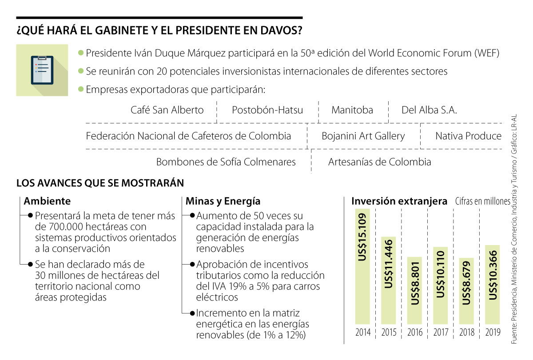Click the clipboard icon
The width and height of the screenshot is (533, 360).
click(x=42, y=70)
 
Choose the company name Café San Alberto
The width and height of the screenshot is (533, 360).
click(x=167, y=110)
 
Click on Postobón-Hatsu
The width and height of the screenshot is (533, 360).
click(x=267, y=110)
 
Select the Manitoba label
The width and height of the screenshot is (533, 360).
click(x=352, y=110)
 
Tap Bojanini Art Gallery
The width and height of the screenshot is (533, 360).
click(x=363, y=136)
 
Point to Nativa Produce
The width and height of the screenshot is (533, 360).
click(x=468, y=136)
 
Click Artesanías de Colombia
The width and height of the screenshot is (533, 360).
click(x=379, y=162)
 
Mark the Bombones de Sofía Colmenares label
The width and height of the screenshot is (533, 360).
click(x=226, y=162)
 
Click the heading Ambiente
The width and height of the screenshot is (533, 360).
click(x=47, y=201)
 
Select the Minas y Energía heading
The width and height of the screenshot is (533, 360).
click(x=223, y=201)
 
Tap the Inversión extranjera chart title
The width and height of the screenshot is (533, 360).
click(x=399, y=201)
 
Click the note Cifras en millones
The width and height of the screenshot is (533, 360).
click(x=482, y=202)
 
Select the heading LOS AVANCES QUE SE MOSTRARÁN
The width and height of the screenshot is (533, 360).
click(x=100, y=183)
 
